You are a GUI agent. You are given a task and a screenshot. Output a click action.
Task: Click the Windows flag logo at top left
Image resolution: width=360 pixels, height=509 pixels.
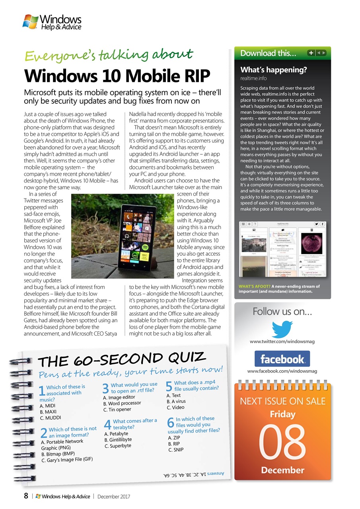[x=30, y=21]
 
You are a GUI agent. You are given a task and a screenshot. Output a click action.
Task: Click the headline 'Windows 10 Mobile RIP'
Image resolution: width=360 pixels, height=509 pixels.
[x=117, y=76]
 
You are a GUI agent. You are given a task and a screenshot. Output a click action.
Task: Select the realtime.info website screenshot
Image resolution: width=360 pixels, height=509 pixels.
[x=282, y=249]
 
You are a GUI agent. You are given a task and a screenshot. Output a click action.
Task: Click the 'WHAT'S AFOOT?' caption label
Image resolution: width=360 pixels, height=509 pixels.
[x=254, y=286]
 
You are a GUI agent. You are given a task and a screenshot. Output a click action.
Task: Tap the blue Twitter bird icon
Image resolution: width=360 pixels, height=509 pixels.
[x=282, y=329]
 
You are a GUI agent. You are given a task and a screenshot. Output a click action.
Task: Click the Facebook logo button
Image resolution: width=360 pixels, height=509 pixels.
[x=282, y=359]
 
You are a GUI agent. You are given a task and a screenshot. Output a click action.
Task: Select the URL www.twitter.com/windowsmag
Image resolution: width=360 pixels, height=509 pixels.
[x=282, y=342]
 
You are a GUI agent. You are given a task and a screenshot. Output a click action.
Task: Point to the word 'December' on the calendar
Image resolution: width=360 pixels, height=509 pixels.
[x=282, y=470]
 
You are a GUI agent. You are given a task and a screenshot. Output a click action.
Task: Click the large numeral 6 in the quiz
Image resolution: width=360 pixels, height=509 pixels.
[x=171, y=423]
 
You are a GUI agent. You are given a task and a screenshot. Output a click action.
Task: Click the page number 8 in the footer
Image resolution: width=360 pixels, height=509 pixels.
[x=25, y=496]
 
